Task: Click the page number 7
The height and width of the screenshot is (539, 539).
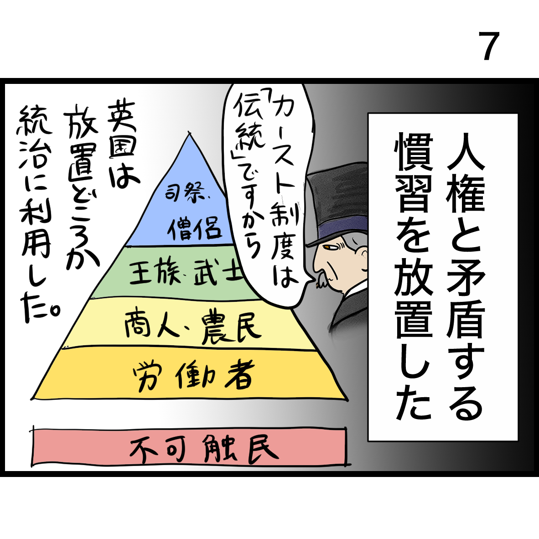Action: coord(488,47)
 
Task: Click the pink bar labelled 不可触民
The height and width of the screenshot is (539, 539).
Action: coord(189,449)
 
